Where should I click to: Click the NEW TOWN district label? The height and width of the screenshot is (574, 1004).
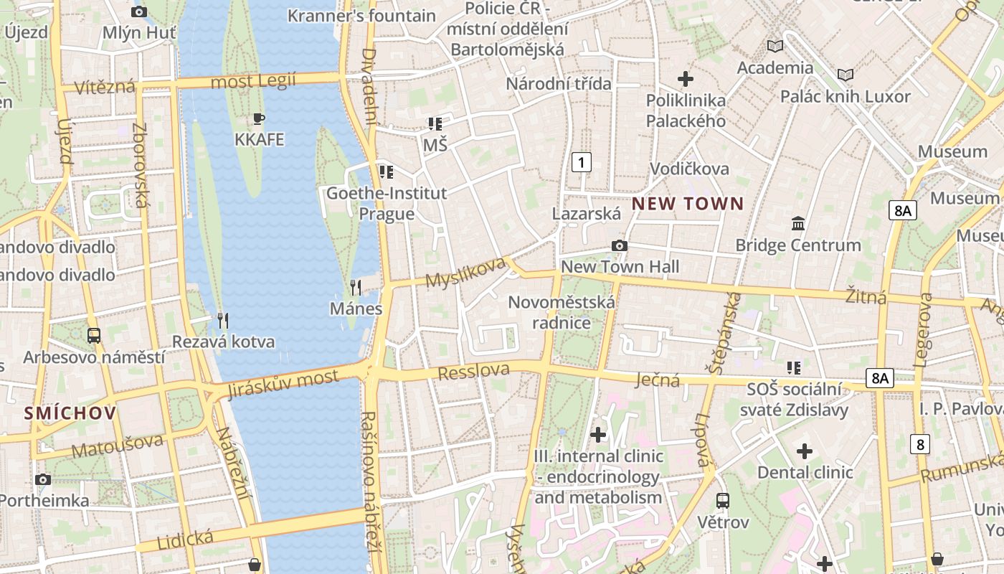pyautogui.click(x=687, y=204)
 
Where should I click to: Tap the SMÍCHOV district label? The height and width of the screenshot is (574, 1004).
pyautogui.click(x=70, y=413)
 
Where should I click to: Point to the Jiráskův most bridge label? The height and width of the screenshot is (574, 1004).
pyautogui.click(x=282, y=384)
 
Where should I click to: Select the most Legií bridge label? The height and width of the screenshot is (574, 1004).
pyautogui.click(x=252, y=81)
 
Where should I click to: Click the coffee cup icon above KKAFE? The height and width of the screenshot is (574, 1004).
pyautogui.click(x=259, y=118)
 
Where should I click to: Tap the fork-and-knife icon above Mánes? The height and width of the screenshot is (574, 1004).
pyautogui.click(x=356, y=288)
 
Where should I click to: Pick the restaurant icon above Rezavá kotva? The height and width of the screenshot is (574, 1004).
pyautogui.click(x=223, y=320)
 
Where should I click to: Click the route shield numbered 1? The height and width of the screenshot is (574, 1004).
pyautogui.click(x=582, y=162)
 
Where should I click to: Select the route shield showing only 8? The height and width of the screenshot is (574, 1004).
pyautogui.click(x=920, y=444)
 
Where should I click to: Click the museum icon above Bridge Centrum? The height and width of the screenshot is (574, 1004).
pyautogui.click(x=798, y=224)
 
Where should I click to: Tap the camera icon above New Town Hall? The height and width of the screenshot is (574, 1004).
pyautogui.click(x=620, y=246)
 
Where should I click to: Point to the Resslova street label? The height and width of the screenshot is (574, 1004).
pyautogui.click(x=473, y=372)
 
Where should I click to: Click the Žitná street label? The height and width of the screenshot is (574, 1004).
pyautogui.click(x=865, y=296)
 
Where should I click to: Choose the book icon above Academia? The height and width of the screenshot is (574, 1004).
pyautogui.click(x=775, y=47)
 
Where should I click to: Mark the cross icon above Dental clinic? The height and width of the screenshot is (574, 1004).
pyautogui.click(x=805, y=451)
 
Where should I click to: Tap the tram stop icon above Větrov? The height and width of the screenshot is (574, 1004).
pyautogui.click(x=723, y=501)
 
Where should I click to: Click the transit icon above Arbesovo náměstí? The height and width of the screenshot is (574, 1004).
pyautogui.click(x=93, y=335)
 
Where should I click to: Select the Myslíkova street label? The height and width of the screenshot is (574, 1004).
pyautogui.click(x=465, y=273)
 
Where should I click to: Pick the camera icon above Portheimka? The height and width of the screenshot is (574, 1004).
pyautogui.click(x=43, y=479)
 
